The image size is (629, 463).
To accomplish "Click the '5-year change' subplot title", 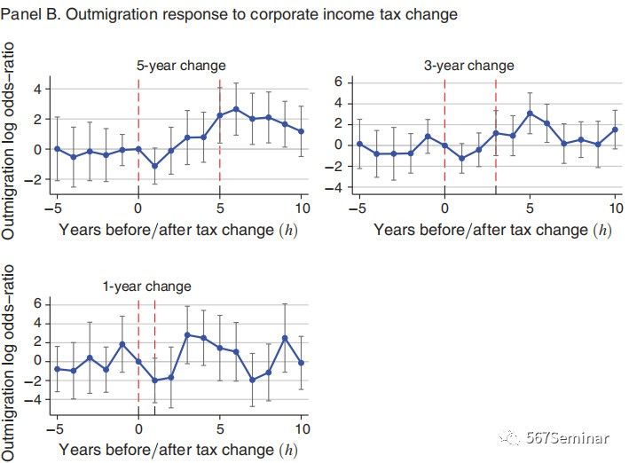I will [x=180, y=66].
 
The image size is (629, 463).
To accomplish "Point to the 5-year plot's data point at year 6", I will [x=236, y=109].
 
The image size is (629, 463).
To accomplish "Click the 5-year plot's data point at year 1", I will [x=154, y=166].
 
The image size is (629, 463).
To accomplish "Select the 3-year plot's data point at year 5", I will [x=530, y=114].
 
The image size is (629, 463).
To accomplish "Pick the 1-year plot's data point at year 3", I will [x=187, y=334].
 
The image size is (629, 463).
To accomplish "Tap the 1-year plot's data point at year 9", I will [x=285, y=338].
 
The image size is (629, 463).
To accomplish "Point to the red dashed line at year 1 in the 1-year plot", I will [x=154, y=355].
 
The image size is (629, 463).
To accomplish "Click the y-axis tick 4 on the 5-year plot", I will [x=37, y=89].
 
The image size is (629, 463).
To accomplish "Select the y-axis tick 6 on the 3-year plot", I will [x=339, y=81].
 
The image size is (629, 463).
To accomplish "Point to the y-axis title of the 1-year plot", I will [x=11, y=359].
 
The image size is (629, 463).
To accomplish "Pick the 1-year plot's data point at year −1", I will [x=122, y=343].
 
